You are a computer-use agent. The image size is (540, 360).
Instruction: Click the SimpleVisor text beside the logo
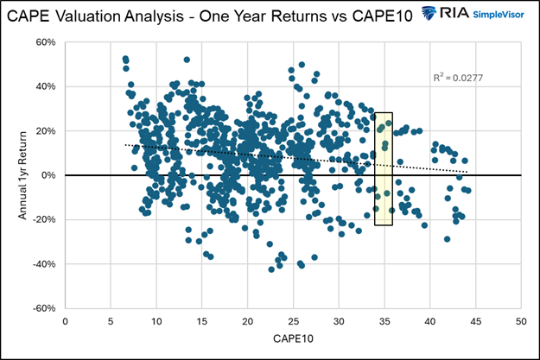501,15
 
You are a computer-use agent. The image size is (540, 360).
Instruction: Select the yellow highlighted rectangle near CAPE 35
384,168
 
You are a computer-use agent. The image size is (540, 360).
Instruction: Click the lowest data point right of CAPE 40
447,238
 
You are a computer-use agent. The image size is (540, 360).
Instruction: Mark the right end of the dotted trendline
467,172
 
